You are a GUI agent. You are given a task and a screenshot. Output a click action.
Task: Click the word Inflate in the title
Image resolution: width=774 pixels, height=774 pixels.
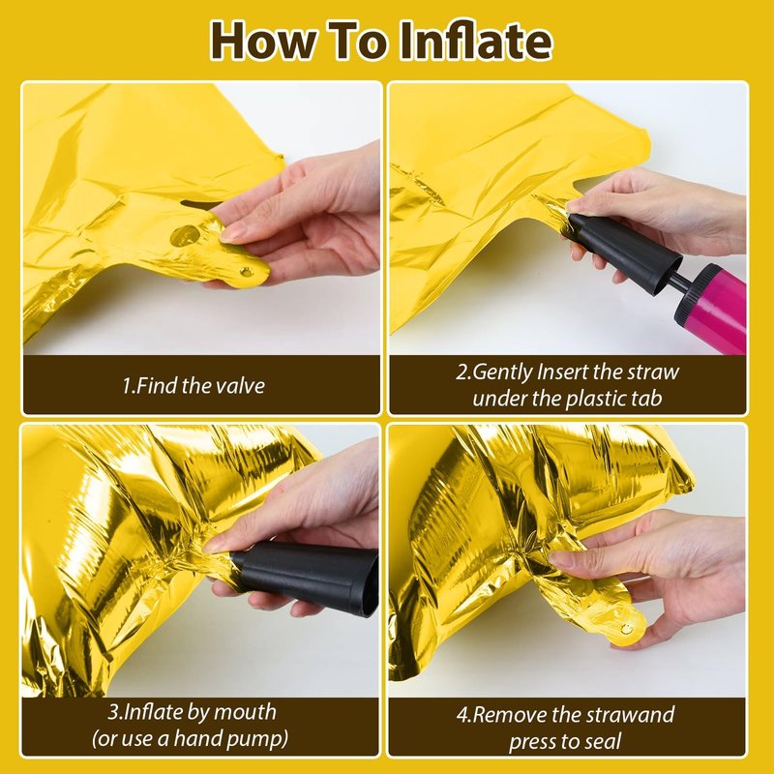(475, 41)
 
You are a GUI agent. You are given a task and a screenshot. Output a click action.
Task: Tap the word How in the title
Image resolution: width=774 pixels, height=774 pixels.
(262, 41)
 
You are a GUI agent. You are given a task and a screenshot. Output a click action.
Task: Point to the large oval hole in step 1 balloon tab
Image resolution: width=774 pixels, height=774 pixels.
(185, 235)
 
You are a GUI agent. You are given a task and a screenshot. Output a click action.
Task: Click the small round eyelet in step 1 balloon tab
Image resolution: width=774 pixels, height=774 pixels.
(246, 271)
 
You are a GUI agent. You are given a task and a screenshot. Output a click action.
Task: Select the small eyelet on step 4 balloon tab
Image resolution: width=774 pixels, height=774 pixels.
(626, 629)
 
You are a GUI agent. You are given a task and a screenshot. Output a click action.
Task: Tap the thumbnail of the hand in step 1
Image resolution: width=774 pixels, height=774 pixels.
(232, 232)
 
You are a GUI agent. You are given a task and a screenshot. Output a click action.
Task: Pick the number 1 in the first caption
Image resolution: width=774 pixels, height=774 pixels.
(127, 385)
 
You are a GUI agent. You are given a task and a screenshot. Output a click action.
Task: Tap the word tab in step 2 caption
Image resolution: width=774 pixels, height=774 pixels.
(647, 399)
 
